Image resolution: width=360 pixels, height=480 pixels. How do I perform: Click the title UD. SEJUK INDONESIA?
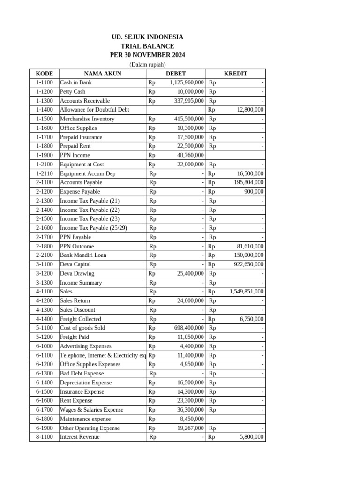147,37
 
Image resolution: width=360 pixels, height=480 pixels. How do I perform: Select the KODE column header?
45,74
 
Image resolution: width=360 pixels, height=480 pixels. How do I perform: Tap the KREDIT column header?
235,74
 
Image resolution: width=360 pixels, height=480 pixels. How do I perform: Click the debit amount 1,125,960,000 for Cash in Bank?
187,82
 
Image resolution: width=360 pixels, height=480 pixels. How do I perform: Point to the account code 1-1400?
45,110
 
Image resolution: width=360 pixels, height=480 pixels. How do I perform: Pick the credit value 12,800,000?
249,110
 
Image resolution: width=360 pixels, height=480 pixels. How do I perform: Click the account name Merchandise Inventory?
87,119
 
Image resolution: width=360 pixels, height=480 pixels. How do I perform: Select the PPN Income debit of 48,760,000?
190,155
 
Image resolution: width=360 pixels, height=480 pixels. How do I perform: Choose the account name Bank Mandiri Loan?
83,255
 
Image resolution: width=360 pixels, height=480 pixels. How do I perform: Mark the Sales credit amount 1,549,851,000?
247,292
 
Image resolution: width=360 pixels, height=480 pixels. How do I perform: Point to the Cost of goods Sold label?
82,328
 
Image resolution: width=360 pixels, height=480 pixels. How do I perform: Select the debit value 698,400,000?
188,328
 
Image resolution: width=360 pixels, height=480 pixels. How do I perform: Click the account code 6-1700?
45,410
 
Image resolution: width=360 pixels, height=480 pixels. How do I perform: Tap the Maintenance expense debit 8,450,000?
192,419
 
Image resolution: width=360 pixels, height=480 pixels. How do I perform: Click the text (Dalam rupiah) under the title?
147,64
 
